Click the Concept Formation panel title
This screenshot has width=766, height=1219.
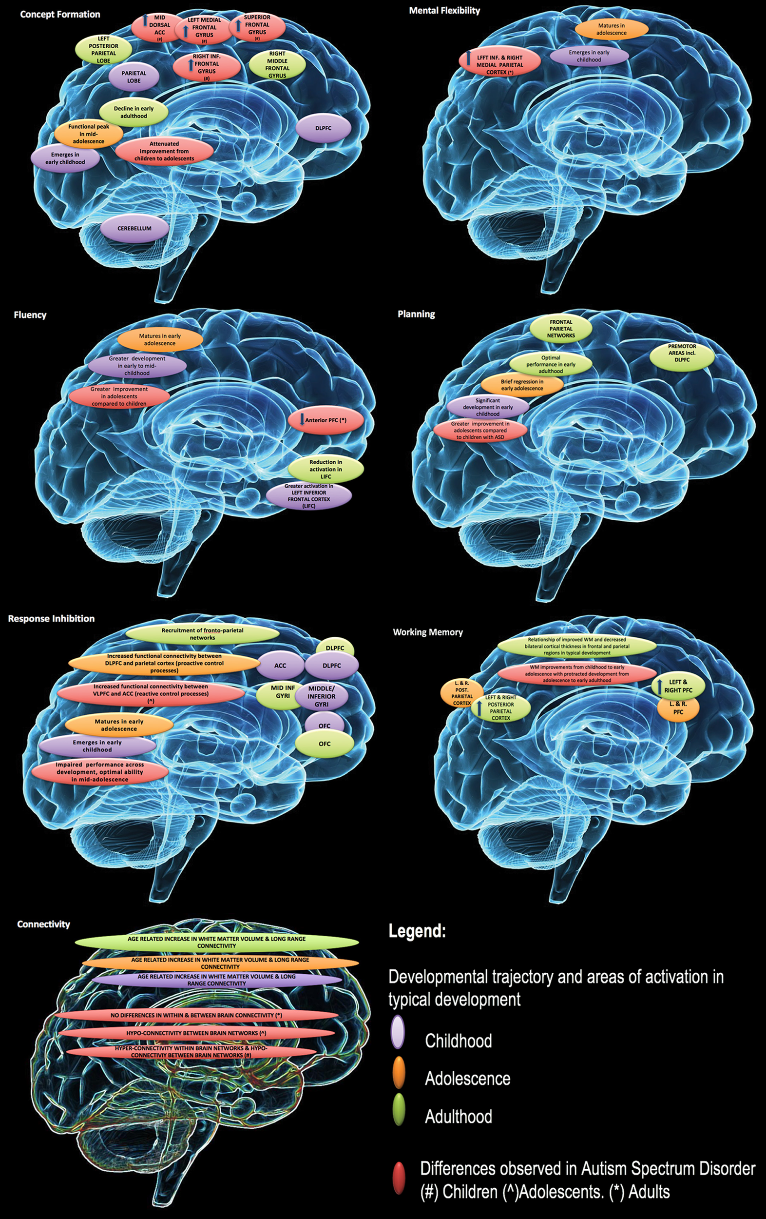(60, 14)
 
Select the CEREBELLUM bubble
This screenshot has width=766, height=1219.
(134, 228)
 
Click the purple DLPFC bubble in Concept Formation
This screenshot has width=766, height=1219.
(323, 128)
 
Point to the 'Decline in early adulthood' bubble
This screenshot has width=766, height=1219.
(134, 112)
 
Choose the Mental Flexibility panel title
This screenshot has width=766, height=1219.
(444, 10)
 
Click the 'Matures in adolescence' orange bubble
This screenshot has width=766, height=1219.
(611, 29)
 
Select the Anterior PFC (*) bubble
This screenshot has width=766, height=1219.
(326, 420)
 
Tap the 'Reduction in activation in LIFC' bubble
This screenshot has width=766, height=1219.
(326, 469)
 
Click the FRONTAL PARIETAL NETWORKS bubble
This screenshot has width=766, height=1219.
(560, 329)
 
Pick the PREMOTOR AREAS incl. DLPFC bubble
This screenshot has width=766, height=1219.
(682, 354)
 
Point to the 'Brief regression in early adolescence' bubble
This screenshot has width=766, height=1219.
(521, 385)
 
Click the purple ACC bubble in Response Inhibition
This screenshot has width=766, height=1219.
(280, 665)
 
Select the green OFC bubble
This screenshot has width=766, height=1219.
(325, 744)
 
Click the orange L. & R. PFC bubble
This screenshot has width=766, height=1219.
(678, 708)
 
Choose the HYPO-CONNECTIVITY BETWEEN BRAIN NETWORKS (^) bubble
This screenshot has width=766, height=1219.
(196, 1033)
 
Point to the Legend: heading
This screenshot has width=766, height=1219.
(417, 931)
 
